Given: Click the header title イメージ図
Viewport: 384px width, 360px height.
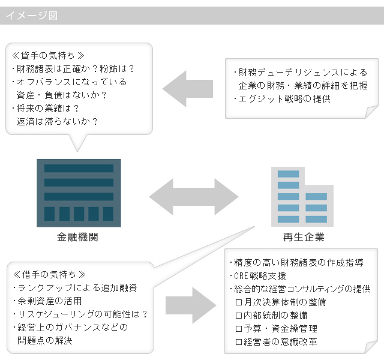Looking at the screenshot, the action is point(32,16).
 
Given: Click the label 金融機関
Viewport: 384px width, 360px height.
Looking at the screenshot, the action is point(77,237).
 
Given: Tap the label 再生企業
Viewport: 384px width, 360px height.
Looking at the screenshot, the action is point(304,237).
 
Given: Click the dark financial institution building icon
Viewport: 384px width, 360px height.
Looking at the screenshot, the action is point(79,193).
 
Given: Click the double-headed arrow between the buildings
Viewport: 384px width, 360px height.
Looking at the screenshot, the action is point(194,197).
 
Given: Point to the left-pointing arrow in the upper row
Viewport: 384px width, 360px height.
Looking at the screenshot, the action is point(188,89).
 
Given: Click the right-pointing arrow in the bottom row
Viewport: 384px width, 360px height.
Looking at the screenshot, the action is point(191,305).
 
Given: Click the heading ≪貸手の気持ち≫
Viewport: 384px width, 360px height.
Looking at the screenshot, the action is point(48,56).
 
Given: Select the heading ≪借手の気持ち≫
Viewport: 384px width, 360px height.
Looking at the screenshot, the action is point(49,275).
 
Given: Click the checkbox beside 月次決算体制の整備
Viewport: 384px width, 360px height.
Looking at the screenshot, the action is point(239,302).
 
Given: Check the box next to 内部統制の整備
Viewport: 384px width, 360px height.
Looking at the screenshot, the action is point(239,316).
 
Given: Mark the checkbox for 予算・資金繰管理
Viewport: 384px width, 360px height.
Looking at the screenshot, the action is point(239,329).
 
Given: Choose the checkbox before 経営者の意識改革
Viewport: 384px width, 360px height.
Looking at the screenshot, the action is point(239,342).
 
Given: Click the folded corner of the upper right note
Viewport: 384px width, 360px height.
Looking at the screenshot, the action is point(371,112).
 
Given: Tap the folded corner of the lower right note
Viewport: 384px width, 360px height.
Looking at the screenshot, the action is point(371,347).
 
